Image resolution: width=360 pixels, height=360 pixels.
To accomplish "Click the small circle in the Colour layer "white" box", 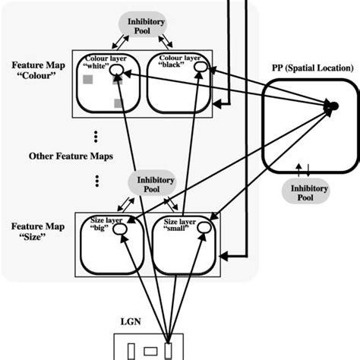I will (118, 71).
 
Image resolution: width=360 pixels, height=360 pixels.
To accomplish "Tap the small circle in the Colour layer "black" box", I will (199, 68).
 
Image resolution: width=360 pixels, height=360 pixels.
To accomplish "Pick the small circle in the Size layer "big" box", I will (120, 234).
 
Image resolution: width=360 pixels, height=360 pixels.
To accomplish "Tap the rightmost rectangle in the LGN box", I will (169, 350).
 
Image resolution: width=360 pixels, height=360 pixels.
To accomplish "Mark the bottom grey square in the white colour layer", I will (118, 103).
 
